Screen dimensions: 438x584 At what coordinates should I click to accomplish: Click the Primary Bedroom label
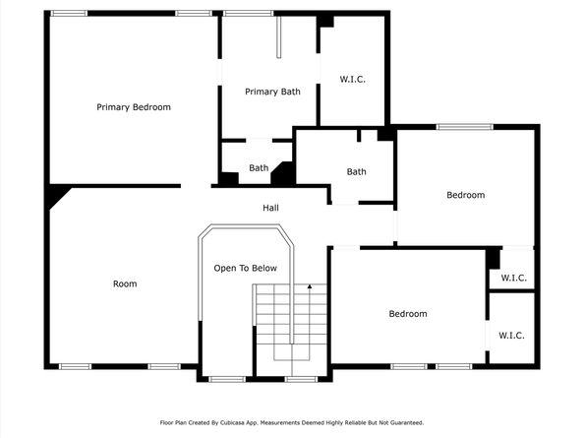(134, 107)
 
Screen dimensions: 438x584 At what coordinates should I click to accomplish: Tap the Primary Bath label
(272, 92)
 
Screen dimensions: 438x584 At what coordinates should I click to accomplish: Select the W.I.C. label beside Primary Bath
(352, 79)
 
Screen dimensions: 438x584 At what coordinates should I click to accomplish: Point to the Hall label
(270, 208)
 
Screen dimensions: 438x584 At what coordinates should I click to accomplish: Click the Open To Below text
(246, 268)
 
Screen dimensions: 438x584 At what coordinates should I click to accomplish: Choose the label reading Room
(125, 283)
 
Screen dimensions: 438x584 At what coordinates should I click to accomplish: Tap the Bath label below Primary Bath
(259, 168)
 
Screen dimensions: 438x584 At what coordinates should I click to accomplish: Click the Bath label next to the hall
(356, 172)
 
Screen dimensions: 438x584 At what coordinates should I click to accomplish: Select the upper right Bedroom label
(465, 195)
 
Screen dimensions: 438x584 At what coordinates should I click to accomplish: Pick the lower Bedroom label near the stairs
(407, 314)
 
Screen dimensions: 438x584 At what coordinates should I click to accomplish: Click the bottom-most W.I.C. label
(511, 336)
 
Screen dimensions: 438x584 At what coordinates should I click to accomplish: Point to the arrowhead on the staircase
(309, 286)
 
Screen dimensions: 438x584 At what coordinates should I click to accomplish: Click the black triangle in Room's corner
(56, 196)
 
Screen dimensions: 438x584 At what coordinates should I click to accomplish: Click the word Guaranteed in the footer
(404, 422)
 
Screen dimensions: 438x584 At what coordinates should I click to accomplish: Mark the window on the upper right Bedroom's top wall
(464, 126)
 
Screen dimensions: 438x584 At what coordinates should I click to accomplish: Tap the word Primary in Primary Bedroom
(112, 107)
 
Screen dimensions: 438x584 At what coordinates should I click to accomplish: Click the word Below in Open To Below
(263, 268)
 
